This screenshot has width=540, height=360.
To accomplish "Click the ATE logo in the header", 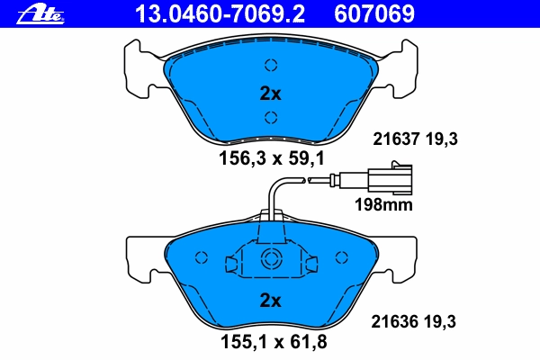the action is tap(40, 14).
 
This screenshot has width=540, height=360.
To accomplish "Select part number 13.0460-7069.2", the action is tap(220, 14).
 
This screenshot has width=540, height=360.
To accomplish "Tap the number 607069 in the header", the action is tap(374, 14).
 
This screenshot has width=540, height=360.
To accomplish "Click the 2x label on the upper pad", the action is tap(270, 94).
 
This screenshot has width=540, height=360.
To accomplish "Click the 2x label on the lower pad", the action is tap(270, 301).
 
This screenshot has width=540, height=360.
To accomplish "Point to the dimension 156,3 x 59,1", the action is tap(272, 158).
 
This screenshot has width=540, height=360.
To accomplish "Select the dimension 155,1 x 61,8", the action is tap(274, 342).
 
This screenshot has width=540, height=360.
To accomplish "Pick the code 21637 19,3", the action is tap(415, 139).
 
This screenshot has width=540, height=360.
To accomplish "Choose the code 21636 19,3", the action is tap(414, 322).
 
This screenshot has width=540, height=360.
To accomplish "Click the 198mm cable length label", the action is tap(383, 204).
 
